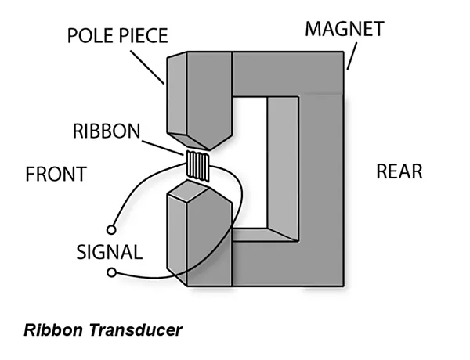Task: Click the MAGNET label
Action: (x=345, y=29)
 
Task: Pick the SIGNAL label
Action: (x=110, y=252)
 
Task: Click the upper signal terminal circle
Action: (x=111, y=230)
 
